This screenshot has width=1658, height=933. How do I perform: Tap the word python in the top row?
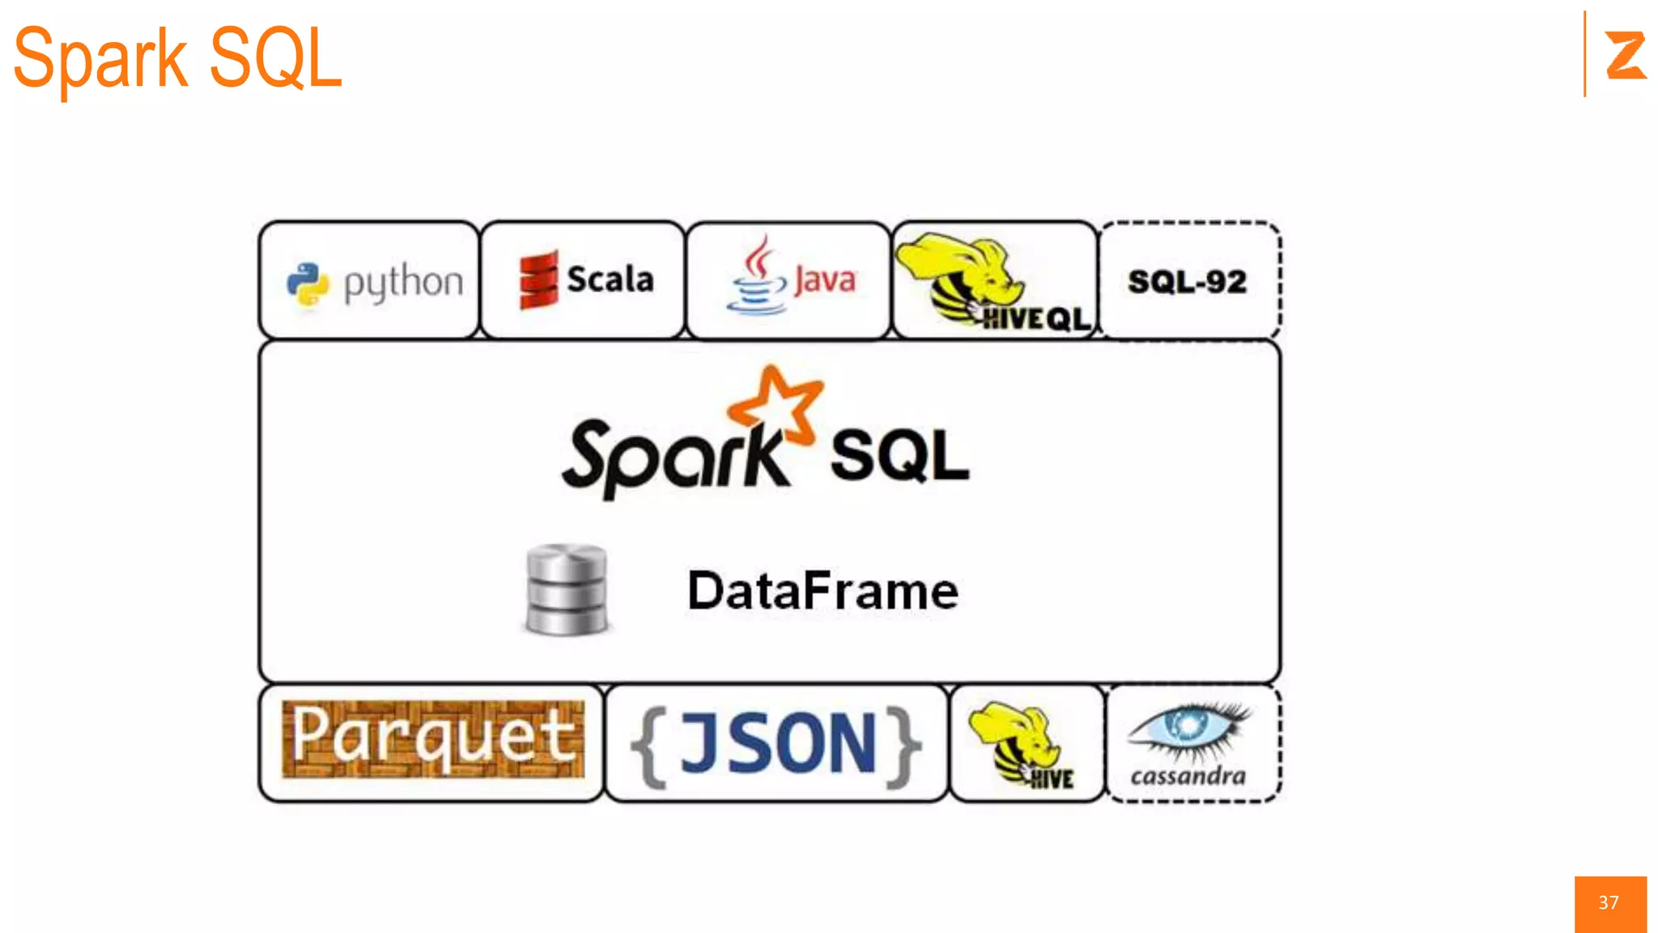(x=403, y=283)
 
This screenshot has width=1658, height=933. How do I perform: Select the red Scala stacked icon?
(x=538, y=279)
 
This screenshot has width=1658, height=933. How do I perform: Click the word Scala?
(x=610, y=279)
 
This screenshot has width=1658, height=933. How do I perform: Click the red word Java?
(x=824, y=280)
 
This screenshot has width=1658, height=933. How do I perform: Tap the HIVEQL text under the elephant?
(x=1037, y=318)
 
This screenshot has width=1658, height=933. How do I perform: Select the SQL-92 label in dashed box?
(x=1187, y=282)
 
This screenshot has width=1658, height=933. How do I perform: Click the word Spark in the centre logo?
(x=674, y=458)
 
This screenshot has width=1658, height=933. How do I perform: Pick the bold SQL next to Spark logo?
(x=899, y=456)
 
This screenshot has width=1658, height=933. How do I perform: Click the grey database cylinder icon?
(x=566, y=589)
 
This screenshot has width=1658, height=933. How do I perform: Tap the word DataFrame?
(x=823, y=590)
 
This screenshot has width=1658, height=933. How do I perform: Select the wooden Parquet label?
(x=433, y=739)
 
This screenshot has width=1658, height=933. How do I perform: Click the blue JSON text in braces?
(x=777, y=743)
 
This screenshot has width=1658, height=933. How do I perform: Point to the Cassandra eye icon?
(x=1188, y=726)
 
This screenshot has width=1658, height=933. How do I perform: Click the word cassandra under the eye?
(x=1188, y=776)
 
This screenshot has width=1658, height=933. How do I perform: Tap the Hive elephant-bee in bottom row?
(x=1018, y=741)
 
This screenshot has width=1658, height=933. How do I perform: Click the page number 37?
(x=1609, y=902)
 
